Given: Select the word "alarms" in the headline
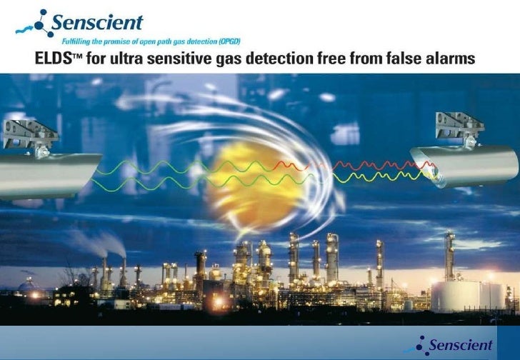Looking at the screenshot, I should [x=449, y=59].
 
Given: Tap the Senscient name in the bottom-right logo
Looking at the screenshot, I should [x=461, y=346].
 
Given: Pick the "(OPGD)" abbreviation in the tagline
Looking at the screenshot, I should [x=235, y=42].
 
